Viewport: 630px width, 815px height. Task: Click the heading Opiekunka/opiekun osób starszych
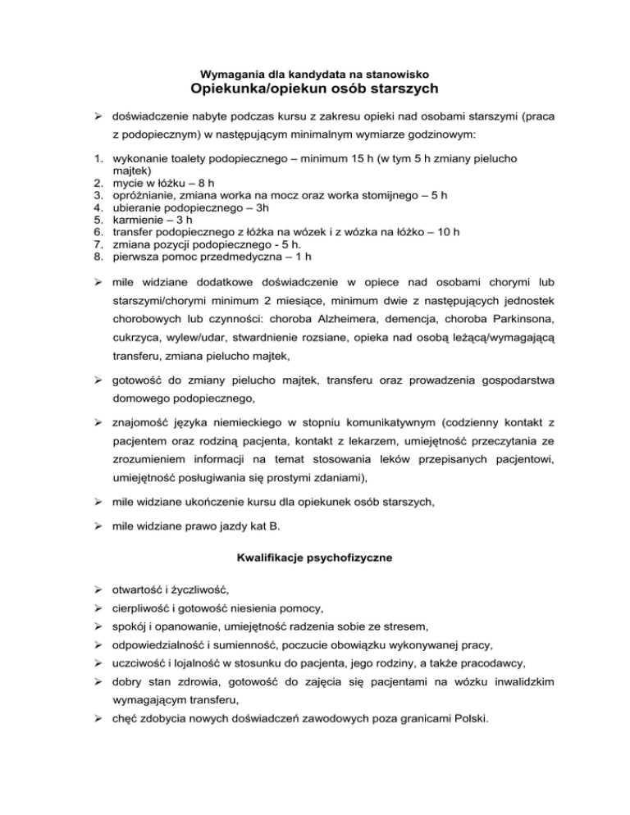click(314, 88)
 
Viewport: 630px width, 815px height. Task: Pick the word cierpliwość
click(146, 608)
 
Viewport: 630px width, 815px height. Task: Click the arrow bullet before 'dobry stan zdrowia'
click(97, 682)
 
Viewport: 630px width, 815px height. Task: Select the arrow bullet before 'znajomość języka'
click(97, 422)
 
